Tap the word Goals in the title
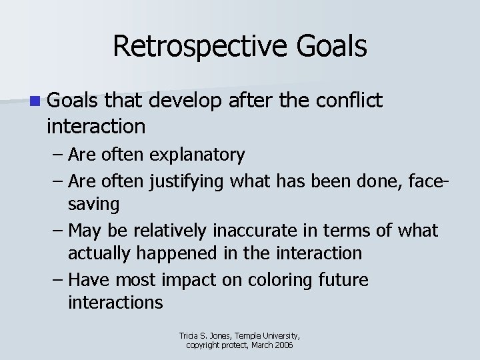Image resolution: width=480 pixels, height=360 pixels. click(332, 47)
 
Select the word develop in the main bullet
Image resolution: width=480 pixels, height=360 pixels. click(186, 101)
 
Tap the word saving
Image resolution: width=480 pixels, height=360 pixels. click(93, 204)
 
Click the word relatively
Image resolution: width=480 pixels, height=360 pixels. click(171, 230)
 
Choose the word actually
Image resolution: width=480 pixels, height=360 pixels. click(100, 253)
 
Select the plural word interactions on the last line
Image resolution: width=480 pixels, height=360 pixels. click(115, 303)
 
